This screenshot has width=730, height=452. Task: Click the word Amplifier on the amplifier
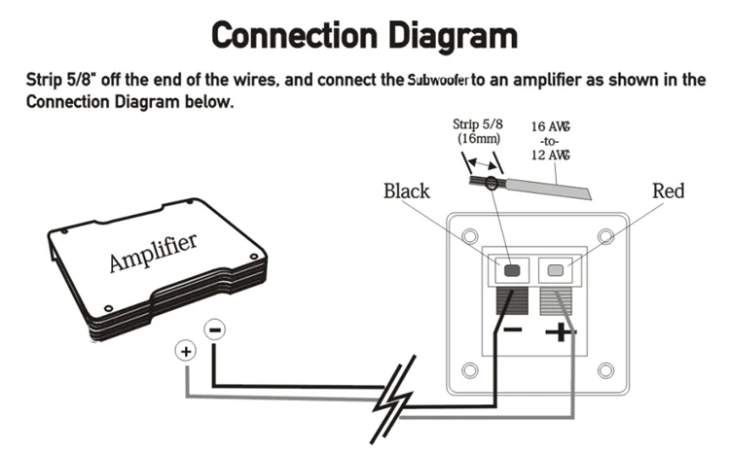point(153,252)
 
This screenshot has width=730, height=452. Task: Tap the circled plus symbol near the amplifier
point(186,351)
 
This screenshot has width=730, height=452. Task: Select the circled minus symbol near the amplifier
point(215,330)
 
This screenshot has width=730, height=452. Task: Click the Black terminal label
point(407,191)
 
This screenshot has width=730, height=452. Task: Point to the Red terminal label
point(668,191)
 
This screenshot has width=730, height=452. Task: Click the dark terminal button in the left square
point(512,270)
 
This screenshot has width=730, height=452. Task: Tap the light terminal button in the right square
point(556,270)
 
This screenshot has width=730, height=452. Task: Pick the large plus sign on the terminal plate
point(561,332)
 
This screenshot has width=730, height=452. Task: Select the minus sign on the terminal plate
point(513,330)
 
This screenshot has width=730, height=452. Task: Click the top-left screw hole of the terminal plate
point(470,236)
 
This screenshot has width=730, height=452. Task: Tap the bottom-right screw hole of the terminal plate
point(605,370)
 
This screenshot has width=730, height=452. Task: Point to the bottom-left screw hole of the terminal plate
point(470,370)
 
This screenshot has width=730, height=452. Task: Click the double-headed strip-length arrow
point(483,163)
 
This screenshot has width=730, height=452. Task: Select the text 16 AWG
point(550,126)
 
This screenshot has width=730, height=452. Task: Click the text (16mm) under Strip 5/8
point(479,139)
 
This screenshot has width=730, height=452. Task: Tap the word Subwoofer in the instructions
point(438,80)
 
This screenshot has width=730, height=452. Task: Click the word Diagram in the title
point(453,35)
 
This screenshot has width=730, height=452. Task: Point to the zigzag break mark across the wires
point(394,400)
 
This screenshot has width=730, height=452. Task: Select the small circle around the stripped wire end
point(491,183)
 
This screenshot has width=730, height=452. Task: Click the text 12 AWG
point(550,155)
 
